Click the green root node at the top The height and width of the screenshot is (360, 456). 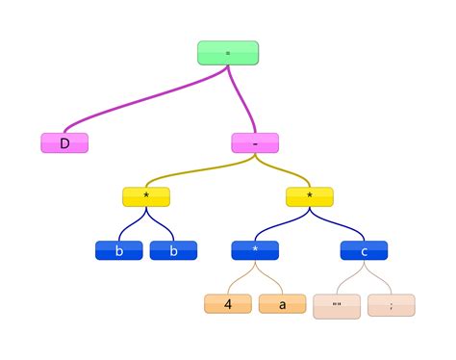pos(228,53)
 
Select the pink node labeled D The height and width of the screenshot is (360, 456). pos(64,143)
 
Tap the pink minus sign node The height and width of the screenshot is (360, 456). pos(255,143)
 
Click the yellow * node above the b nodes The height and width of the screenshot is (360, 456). pos(146,196)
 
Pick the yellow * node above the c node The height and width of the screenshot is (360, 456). pos(310,196)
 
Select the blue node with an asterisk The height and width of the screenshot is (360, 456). pos(255,250)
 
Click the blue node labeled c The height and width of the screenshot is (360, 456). pos(365,250)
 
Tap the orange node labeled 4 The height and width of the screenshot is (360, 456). pos(228,305)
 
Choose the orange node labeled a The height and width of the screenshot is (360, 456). pos(282,305)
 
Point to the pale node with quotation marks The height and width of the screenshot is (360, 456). pos(337,305)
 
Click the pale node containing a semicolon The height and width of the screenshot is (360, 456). pos(392,305)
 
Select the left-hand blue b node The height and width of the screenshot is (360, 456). pos(118,250)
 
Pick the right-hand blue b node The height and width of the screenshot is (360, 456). pos(173,250)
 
